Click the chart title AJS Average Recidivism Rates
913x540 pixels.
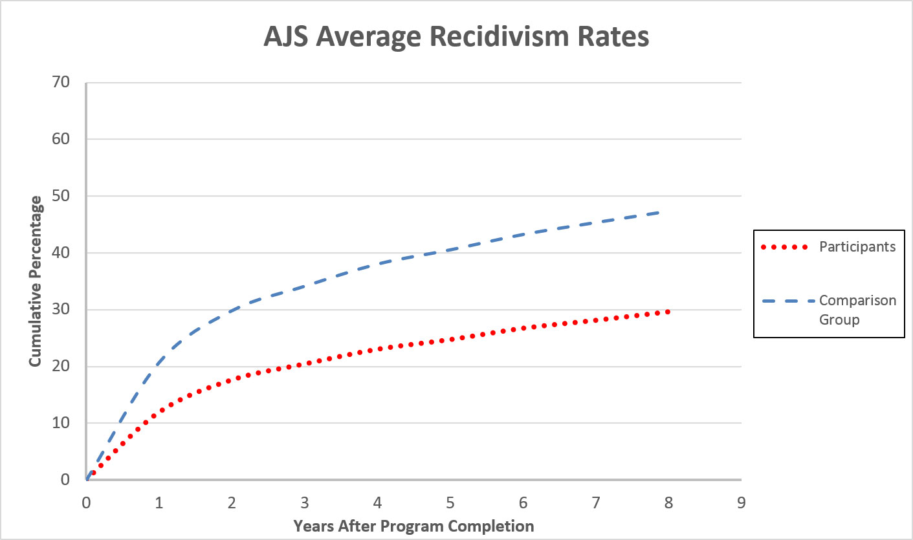456,38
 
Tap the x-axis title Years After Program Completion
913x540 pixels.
413,526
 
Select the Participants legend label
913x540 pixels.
857,247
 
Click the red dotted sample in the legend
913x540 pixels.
785,247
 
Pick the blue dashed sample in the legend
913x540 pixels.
785,301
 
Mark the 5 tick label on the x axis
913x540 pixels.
450,502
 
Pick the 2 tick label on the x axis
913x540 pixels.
232,502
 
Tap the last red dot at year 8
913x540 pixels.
668,312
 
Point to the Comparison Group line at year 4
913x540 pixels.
377,263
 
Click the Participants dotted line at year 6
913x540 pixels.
523,329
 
